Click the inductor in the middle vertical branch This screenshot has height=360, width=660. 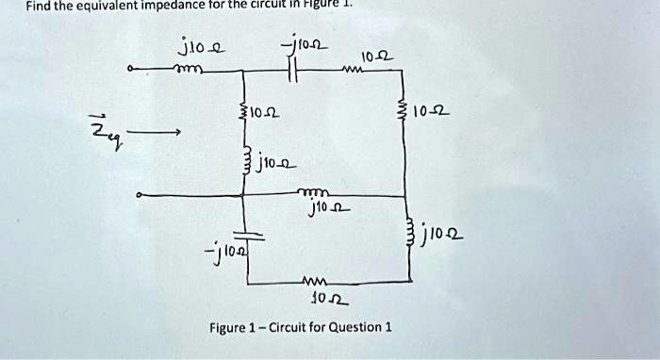[x=245, y=160]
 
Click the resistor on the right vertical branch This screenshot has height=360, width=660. [x=409, y=113]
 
